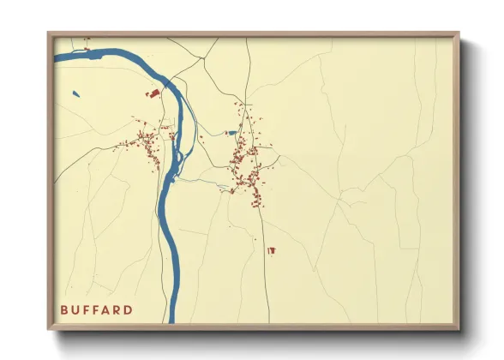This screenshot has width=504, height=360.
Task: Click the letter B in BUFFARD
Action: point(63,309)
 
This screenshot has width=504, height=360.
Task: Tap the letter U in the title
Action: point(75,309)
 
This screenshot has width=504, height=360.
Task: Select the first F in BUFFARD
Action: point(87,309)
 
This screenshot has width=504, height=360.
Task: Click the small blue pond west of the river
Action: point(75,93)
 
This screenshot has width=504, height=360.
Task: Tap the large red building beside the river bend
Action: point(155,93)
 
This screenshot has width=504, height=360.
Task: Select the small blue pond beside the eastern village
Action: point(231,133)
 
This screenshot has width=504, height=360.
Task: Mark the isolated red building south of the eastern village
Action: point(272,250)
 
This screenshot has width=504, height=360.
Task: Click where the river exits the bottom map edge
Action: point(171,321)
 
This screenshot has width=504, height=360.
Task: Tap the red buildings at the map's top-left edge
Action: point(87,39)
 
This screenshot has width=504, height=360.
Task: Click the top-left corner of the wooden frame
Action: point(49,33)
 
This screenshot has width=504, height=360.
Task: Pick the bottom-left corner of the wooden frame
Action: point(49,328)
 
